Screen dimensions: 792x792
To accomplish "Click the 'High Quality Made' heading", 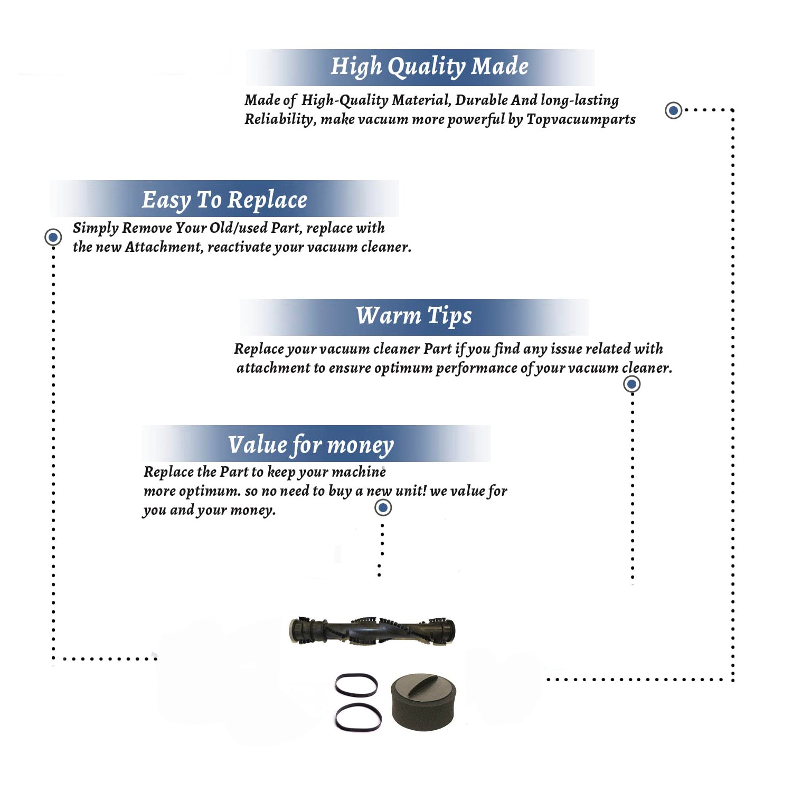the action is click(x=429, y=67).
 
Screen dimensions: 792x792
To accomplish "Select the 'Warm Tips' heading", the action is click(x=414, y=316).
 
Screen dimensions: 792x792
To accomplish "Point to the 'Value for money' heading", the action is click(x=311, y=445).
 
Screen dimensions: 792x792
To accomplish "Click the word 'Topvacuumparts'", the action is click(x=581, y=120).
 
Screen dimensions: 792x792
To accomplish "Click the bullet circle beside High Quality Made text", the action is click(x=673, y=110).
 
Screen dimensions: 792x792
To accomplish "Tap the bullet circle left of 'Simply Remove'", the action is click(x=53, y=237).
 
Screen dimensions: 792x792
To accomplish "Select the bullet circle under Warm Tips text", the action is click(x=632, y=384).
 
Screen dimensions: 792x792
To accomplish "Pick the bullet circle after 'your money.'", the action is click(x=383, y=508).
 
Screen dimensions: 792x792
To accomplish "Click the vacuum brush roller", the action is click(x=372, y=630).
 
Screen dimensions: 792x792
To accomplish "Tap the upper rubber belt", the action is click(x=356, y=685).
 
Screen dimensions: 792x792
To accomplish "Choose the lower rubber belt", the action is click(x=358, y=717).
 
